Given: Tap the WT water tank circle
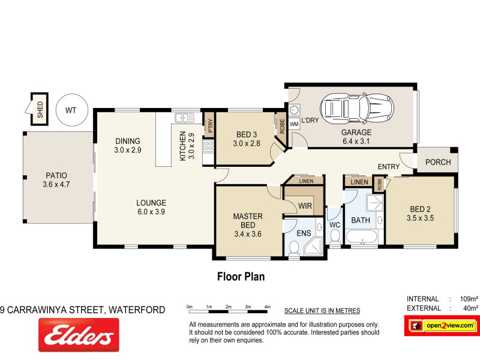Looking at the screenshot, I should point(71,110).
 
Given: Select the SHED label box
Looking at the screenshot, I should point(40,109).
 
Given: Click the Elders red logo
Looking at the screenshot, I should point(79,335).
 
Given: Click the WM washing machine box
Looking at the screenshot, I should point(294,124).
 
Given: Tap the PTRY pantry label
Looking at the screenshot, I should point(209,125).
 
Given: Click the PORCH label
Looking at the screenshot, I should point(437,163).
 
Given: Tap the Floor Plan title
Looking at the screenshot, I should point(240,277).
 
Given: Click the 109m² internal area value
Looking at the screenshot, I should point(468,299).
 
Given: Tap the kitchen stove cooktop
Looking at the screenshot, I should point(209,146).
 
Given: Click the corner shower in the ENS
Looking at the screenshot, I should point(313,246).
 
